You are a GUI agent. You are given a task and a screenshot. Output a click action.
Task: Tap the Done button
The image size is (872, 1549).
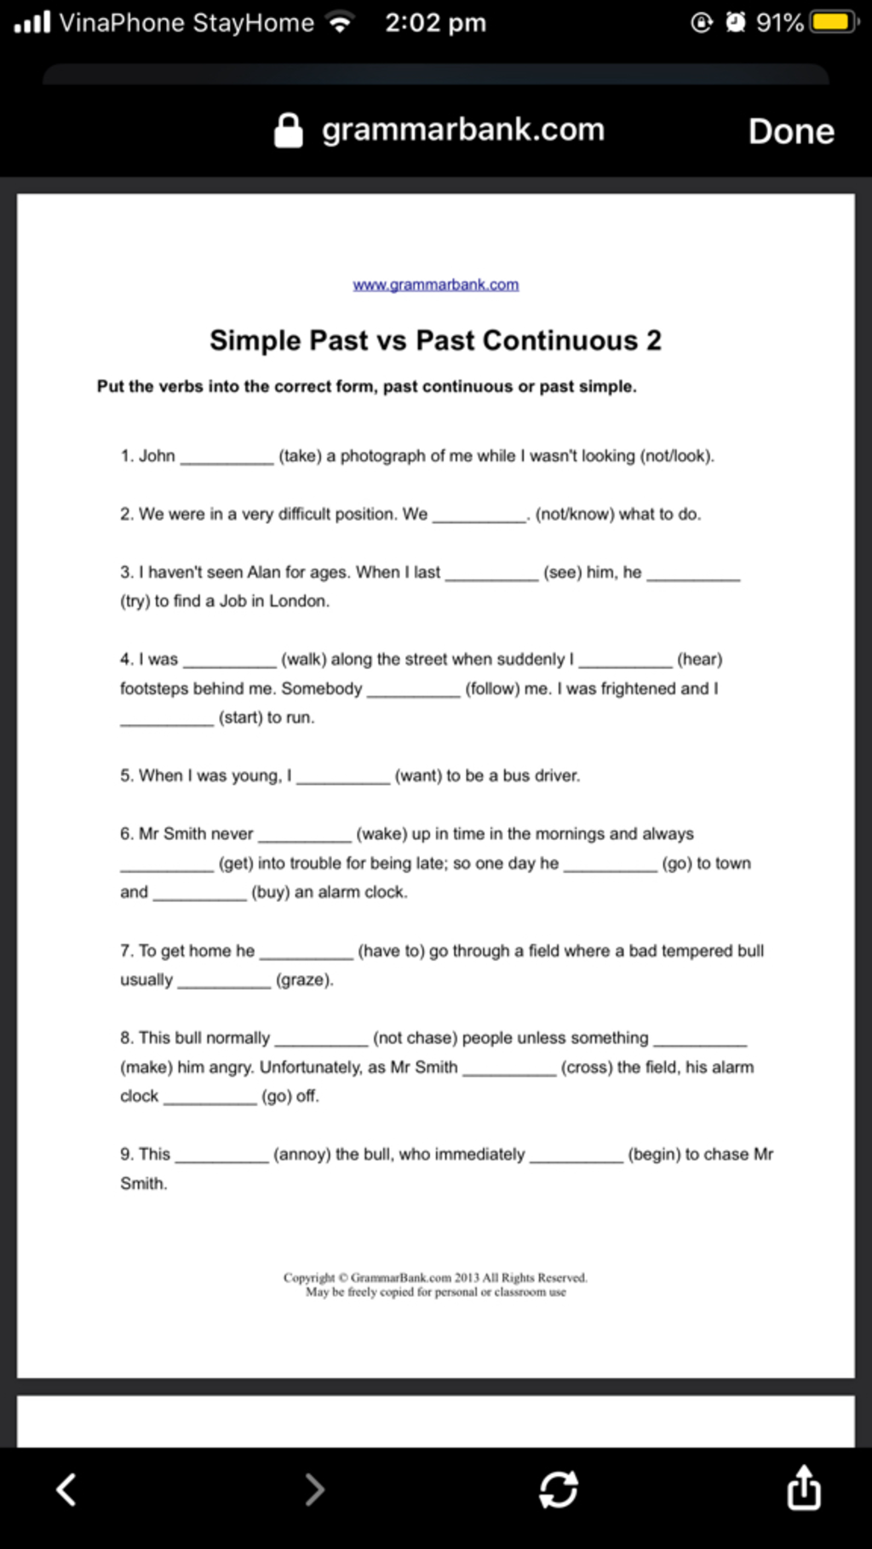791,131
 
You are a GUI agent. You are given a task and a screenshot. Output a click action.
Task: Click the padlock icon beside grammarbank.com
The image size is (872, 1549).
289,131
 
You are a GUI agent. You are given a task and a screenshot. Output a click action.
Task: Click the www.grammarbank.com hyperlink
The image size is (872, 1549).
435,284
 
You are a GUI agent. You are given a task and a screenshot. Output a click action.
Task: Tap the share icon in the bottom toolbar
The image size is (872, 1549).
803,1489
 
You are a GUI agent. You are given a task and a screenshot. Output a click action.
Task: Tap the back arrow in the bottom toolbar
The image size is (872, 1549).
66,1489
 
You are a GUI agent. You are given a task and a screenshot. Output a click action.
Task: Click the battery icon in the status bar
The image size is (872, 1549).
834,22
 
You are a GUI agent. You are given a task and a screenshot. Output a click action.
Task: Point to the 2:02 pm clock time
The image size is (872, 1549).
435,22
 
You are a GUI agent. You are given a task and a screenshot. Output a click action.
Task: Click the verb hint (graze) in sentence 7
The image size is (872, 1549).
304,980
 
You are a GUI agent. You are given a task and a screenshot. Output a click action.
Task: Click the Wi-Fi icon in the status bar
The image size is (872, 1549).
341,23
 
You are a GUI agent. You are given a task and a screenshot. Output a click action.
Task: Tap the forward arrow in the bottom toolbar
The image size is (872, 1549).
314,1489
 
